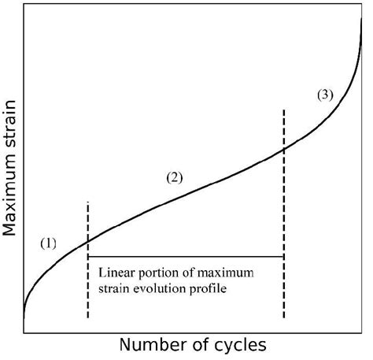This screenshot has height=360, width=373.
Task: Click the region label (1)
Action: [x=49, y=243]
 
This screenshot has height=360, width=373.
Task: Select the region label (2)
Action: [x=174, y=177]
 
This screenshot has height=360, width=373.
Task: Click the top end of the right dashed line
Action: [x=283, y=109]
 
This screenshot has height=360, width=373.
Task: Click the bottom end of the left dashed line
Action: [x=88, y=318]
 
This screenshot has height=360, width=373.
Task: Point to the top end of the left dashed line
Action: [x=88, y=202]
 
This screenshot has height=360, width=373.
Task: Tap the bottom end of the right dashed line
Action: [x=283, y=318]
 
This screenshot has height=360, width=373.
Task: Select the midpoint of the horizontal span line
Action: [x=186, y=257]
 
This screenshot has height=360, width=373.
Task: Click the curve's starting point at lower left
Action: [x=24, y=321]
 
